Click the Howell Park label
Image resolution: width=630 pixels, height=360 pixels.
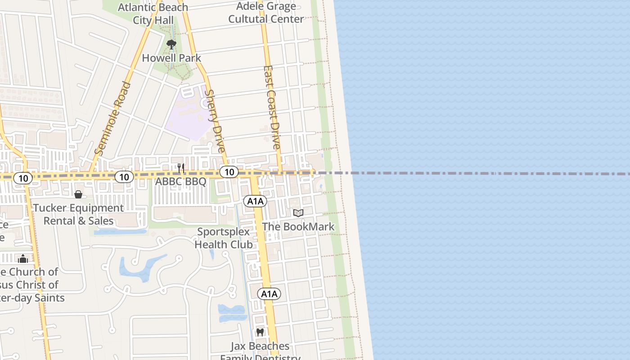(x=171, y=58)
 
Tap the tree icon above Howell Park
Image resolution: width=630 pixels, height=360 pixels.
(x=171, y=44)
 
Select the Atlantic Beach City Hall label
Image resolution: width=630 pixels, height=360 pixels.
(x=153, y=14)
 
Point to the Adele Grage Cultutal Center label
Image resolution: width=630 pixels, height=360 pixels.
(x=266, y=13)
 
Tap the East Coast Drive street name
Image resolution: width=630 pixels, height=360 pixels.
(x=272, y=108)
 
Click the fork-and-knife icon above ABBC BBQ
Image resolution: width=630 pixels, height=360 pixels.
(x=181, y=168)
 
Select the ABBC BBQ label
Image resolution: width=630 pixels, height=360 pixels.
(x=180, y=182)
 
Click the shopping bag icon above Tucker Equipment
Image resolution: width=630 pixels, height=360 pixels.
(x=78, y=194)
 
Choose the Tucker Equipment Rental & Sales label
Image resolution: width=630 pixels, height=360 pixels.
(x=78, y=214)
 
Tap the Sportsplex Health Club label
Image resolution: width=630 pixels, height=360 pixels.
(x=224, y=238)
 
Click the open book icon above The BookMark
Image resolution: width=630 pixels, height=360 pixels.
(x=298, y=213)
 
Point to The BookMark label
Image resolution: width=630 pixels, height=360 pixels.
(x=298, y=226)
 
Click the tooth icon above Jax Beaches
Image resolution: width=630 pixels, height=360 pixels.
(x=260, y=333)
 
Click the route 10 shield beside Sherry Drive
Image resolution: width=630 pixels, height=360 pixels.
(x=229, y=171)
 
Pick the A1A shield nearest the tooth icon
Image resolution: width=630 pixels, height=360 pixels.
(x=269, y=294)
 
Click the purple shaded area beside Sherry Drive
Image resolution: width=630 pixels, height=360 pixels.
(x=187, y=115)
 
